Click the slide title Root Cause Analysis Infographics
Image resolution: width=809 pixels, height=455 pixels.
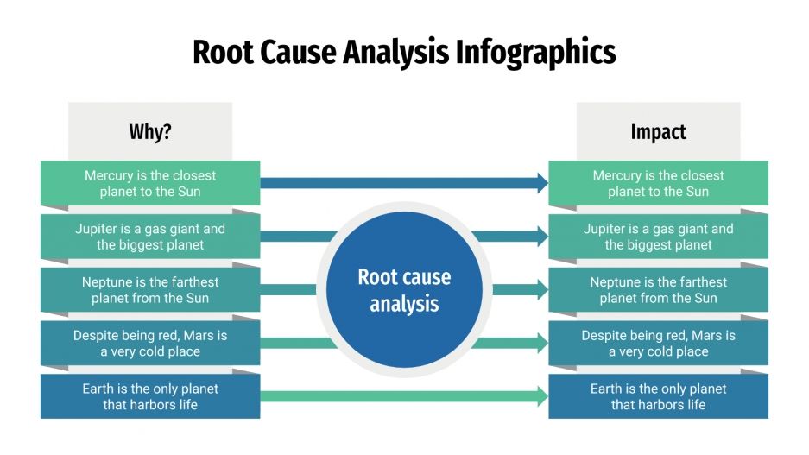404,52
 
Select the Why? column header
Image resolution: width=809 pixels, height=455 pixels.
150,132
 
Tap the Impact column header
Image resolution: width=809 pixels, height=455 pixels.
658,132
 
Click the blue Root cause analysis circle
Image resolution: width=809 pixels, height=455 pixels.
404,290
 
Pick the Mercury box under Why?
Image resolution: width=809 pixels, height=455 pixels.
150,183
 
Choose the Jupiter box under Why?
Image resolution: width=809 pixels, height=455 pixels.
150,237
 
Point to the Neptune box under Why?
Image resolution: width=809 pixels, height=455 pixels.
150,290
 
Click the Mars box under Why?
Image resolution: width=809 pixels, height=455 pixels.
150,344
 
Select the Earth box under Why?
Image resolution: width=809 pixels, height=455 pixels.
150,396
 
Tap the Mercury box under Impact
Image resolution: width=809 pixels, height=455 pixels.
658,183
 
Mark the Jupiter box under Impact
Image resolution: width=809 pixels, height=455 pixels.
658,237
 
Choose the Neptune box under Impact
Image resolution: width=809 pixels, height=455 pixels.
658,290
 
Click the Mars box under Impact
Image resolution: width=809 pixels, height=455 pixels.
658,344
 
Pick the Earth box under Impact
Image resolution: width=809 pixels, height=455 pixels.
658,396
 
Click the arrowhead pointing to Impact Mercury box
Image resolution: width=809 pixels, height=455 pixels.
541,183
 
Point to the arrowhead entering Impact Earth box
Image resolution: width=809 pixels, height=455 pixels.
541,396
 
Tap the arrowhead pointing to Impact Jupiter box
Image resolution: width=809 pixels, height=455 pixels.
541,237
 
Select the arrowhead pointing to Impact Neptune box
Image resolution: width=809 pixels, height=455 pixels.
541,290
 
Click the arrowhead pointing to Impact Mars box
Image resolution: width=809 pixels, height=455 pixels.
541,344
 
